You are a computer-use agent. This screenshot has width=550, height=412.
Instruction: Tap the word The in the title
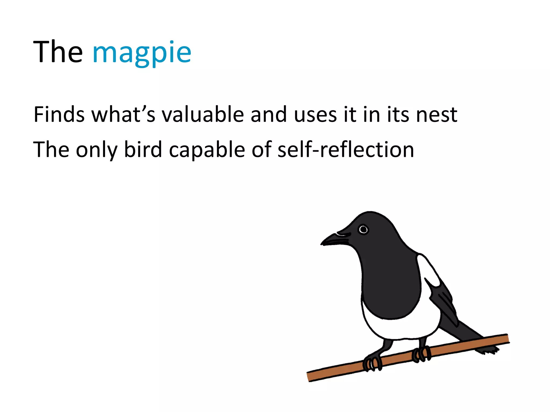[58, 52]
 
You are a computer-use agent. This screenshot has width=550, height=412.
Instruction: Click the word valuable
[202, 115]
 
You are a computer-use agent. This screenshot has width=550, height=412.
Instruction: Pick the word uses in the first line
[315, 115]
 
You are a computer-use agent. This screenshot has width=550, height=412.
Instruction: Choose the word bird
[143, 149]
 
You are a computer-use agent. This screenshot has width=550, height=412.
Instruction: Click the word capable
[207, 149]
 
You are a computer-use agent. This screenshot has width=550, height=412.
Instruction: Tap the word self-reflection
[346, 149]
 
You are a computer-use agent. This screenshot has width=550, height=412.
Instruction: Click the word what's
[123, 115]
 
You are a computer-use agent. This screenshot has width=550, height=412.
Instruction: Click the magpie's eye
[363, 230]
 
